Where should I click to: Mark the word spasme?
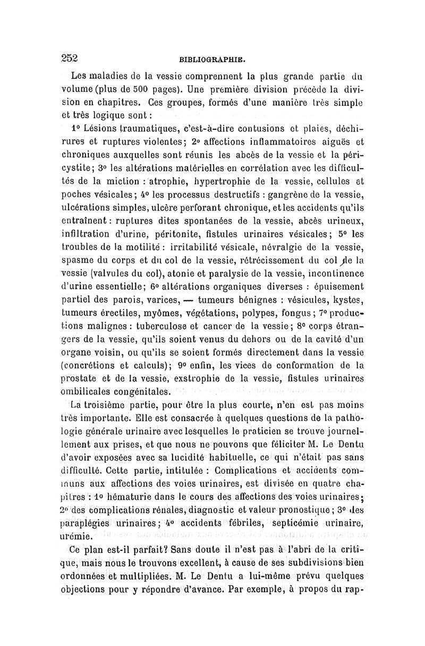tap(78, 261)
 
